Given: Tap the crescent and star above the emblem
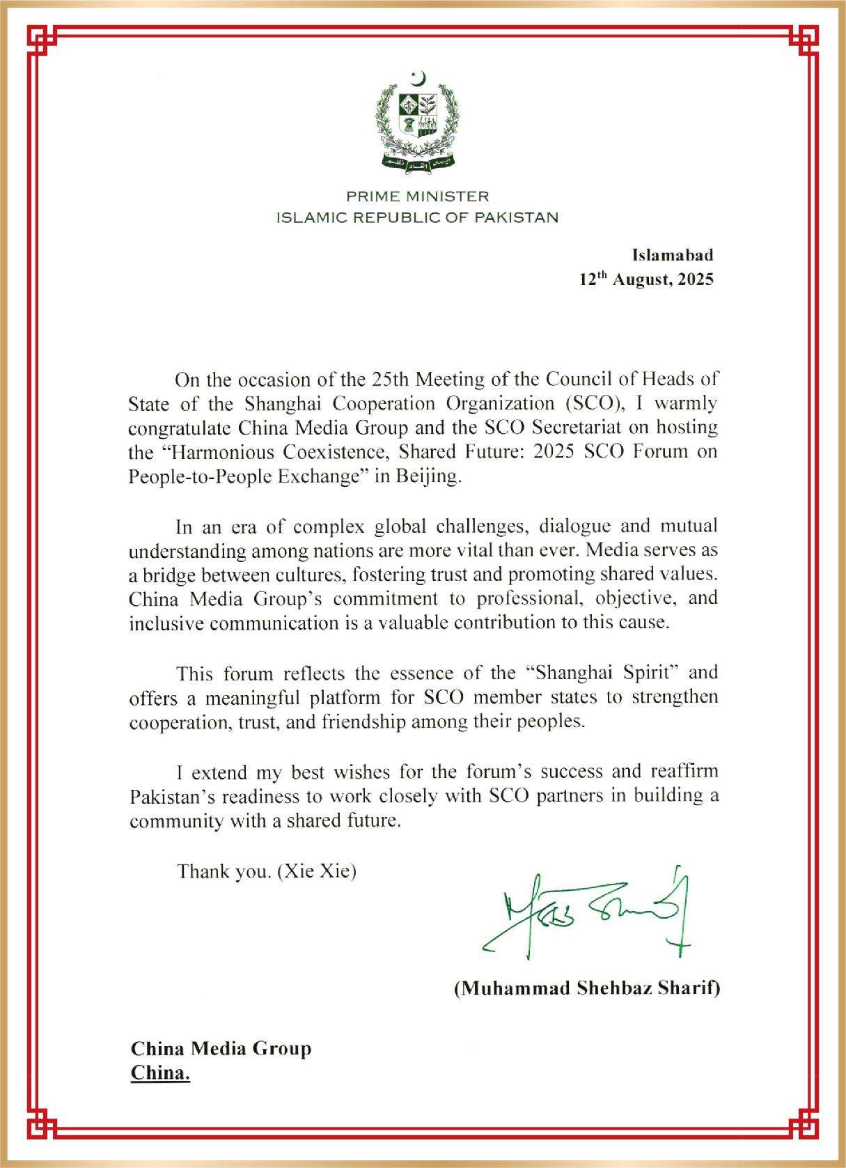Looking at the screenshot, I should [418, 78].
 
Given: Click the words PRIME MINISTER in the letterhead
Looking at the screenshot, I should [418, 196].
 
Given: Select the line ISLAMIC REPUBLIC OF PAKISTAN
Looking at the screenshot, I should [418, 217].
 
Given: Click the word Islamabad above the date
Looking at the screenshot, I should [673, 255].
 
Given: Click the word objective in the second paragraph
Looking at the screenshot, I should [628, 599].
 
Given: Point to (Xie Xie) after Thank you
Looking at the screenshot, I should [317, 871].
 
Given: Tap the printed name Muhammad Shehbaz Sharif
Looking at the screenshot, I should [587, 988].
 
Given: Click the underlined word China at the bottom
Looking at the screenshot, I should [160, 1073].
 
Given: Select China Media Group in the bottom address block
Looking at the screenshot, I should [221, 1048].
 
